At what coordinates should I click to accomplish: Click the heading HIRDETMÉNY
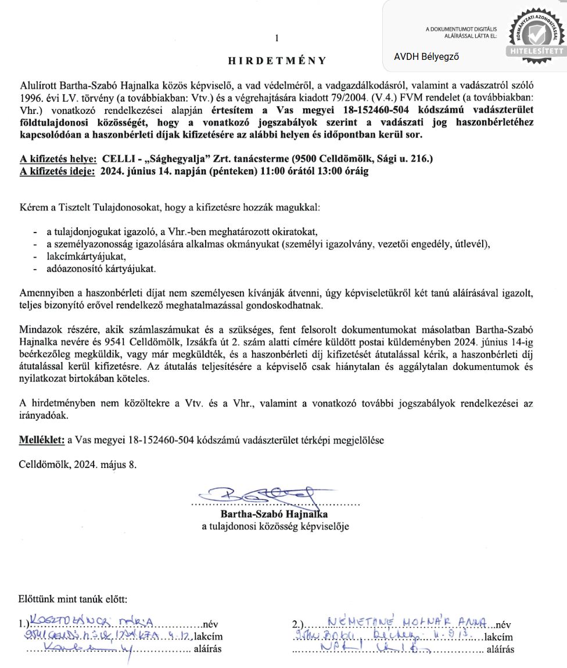tap(277, 60)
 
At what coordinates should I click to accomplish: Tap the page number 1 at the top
tap(277, 38)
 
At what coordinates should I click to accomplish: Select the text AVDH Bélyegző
tap(427, 56)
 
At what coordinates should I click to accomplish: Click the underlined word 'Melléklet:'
tap(42, 440)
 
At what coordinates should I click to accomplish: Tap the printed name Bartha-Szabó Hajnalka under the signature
tap(274, 515)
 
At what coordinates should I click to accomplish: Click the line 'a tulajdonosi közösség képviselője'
tap(275, 527)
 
